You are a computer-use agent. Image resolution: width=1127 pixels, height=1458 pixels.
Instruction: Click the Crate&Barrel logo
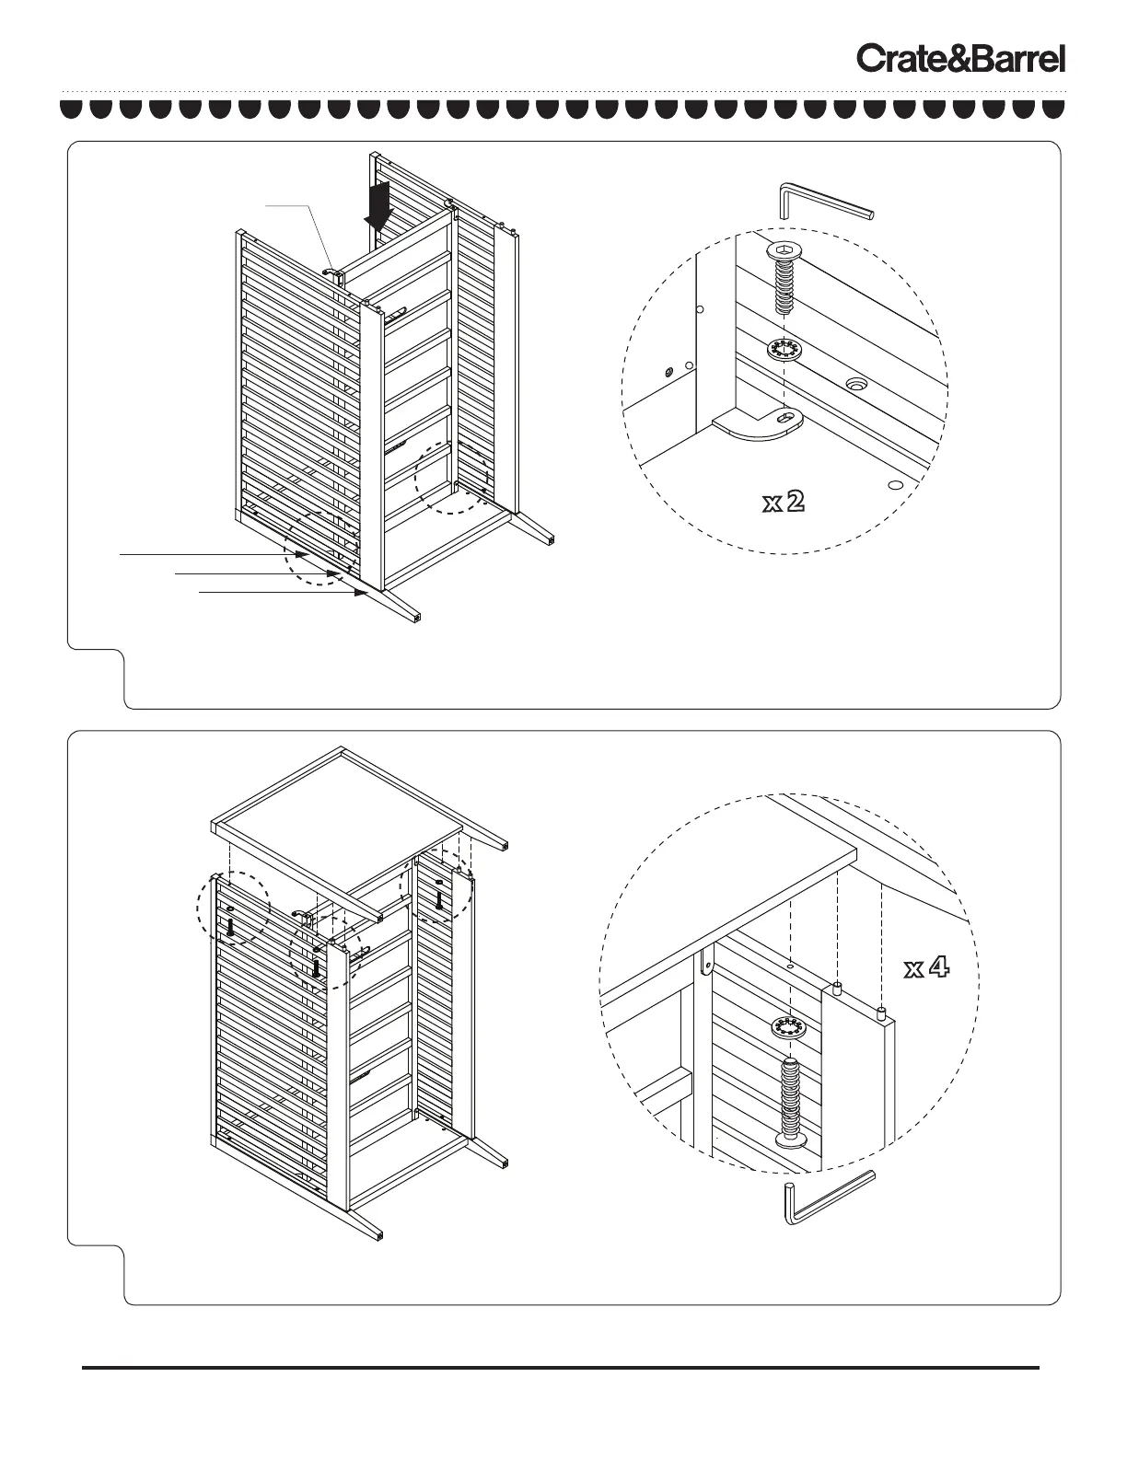961,59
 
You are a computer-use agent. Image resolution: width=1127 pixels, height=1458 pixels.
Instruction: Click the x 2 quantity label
784,502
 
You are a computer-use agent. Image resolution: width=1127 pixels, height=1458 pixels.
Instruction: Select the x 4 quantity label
925,968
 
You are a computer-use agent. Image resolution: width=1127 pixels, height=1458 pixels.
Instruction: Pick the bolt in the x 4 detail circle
789,1102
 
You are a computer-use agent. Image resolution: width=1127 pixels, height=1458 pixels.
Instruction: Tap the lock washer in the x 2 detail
783,350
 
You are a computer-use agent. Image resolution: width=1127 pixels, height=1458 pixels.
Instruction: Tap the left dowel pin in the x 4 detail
837,989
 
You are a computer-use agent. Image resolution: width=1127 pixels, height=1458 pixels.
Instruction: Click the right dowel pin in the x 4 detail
881,1014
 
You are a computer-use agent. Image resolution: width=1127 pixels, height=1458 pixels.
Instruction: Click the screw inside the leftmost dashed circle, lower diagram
228,929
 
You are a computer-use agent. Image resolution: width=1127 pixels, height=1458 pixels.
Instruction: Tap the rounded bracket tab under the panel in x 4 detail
706,963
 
